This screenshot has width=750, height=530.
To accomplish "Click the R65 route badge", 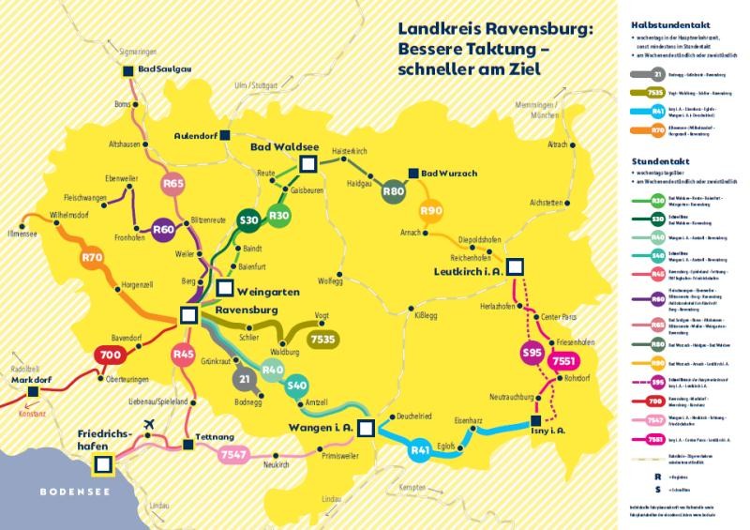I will (173, 185).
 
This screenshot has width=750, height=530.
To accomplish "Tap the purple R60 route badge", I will (164, 229).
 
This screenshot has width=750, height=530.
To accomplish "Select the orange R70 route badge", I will (92, 257).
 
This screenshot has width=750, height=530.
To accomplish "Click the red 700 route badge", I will (111, 356).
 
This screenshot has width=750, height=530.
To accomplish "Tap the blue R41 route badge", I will (420, 451).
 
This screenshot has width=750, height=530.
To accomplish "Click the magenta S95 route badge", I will (532, 354).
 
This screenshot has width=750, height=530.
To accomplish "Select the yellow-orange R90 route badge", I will (431, 212).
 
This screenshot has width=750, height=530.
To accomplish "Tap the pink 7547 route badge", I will (232, 455).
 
